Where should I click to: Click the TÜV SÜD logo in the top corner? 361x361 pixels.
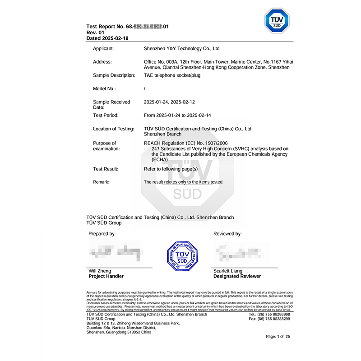[276, 20]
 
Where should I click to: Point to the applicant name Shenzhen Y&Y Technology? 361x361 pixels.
[181, 48]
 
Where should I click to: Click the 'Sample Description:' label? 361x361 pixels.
[114, 75]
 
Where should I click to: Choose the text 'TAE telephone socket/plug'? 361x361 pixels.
[171, 75]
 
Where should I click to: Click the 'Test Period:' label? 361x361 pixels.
[106, 116]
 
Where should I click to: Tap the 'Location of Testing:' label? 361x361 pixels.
[113, 129]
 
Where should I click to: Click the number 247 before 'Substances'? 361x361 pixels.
[156, 148]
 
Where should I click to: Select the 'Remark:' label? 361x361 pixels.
[101, 182]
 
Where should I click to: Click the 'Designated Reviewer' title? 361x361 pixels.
[237, 276]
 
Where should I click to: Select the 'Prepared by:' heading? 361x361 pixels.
[102, 234]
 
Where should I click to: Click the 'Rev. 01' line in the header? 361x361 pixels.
[95, 33]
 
